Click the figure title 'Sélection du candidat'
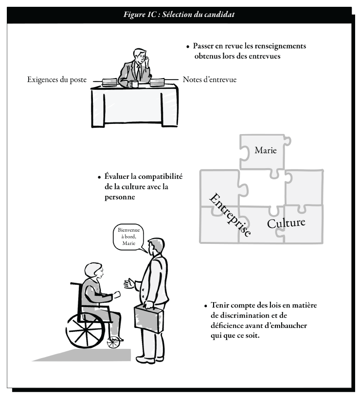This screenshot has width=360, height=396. point(198,15)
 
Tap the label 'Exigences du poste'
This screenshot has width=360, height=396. point(57,80)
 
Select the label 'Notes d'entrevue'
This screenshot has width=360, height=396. point(210,80)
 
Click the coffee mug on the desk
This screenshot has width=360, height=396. point(134,84)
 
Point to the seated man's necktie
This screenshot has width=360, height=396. point(139,71)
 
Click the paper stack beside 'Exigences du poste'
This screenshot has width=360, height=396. point(109,82)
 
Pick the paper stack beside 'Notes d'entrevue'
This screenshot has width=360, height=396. point(157,82)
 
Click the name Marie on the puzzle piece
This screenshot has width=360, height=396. point(266,150)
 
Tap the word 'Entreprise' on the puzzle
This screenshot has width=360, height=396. point(230,215)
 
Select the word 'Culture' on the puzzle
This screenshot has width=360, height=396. point(286,223)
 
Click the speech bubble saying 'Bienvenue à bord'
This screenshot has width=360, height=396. point(129,237)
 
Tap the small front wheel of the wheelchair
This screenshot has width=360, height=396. point(113,343)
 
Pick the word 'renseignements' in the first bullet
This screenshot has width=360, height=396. point(280,46)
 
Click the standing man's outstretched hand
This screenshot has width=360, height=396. point(130,284)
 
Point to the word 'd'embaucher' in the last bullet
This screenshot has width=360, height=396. point(286,326)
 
